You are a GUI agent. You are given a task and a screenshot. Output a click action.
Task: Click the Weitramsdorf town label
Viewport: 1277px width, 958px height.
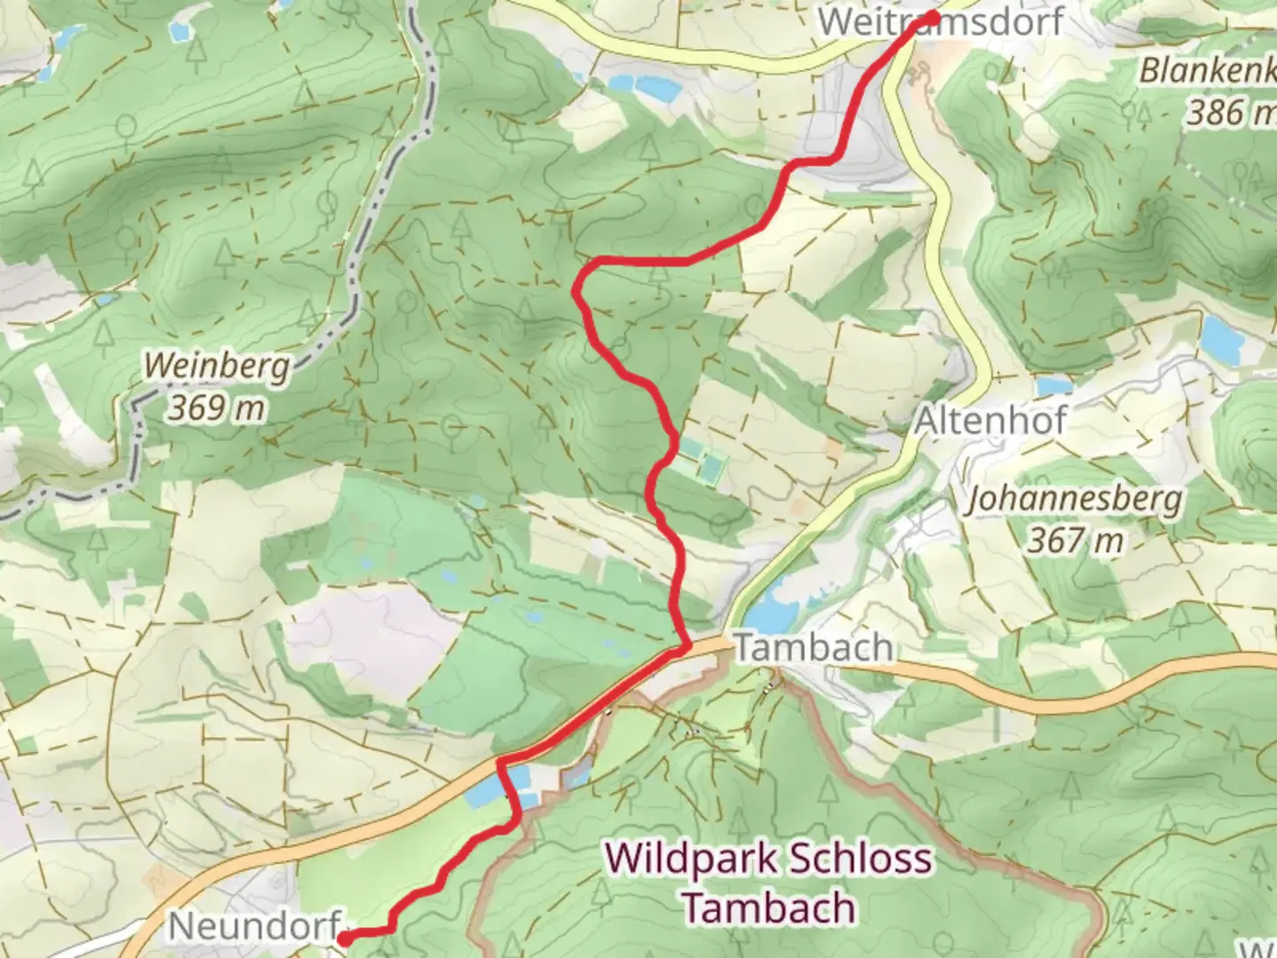(940, 23)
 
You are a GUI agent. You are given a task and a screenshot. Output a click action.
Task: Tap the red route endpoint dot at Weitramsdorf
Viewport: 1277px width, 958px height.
(932, 18)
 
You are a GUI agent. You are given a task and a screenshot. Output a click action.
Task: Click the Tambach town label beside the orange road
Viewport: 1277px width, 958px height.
(813, 648)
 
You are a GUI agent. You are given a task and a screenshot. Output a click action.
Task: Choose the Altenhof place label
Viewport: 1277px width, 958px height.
(990, 420)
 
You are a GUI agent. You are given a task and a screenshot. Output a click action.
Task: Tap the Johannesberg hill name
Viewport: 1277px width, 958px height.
(1074, 499)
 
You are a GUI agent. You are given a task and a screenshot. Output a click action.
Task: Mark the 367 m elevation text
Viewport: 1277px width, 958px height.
(1075, 539)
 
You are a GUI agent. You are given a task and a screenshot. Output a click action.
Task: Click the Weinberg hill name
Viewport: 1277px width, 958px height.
(217, 365)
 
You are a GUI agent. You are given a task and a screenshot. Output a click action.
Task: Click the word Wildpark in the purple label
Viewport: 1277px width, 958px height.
(691, 859)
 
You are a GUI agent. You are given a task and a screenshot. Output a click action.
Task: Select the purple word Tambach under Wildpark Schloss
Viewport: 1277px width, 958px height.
(770, 908)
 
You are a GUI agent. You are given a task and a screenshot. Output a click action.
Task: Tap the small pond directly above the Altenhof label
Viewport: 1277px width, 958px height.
(1054, 387)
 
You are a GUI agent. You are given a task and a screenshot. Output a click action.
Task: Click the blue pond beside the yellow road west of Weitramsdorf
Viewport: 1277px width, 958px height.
(652, 87)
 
